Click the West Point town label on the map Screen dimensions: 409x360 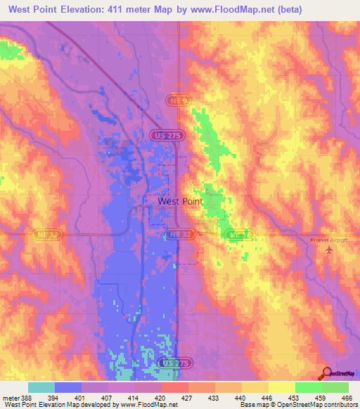180,201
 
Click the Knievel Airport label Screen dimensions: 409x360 328,240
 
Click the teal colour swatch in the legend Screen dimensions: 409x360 41,387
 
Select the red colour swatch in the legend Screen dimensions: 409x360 174,387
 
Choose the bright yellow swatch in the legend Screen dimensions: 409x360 281,387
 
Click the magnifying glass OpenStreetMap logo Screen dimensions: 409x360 326,374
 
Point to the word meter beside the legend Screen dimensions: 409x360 10,397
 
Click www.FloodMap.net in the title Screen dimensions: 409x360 268,9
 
